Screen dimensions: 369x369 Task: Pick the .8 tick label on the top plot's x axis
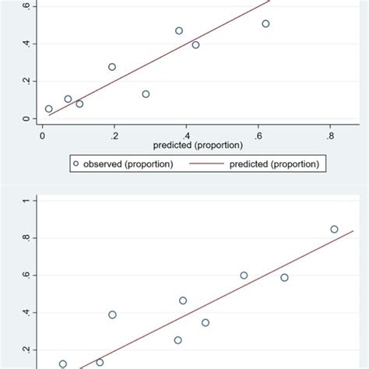[x=330, y=134]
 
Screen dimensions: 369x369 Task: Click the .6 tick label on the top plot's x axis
[x=258, y=134]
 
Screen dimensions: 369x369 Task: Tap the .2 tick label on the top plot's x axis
[x=114, y=134]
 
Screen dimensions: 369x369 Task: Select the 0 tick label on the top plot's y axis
[x=26, y=119]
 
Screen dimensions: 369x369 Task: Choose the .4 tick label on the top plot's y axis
[x=26, y=44]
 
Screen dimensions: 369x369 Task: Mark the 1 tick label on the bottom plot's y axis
[x=26, y=200]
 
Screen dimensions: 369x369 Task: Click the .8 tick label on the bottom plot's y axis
[x=26, y=237]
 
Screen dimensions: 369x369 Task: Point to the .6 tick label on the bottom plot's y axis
[x=26, y=275]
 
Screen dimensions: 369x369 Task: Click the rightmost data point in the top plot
[x=265, y=24]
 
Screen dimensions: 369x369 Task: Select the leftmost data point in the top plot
[x=48, y=109]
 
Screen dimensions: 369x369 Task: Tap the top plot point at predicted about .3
[x=146, y=94]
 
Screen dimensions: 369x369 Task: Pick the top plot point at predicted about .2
[x=112, y=67]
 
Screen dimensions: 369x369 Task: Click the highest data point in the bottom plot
[x=334, y=229]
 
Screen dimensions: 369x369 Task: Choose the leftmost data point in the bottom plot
[x=63, y=364]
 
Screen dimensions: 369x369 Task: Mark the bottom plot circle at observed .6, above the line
[x=244, y=275]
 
